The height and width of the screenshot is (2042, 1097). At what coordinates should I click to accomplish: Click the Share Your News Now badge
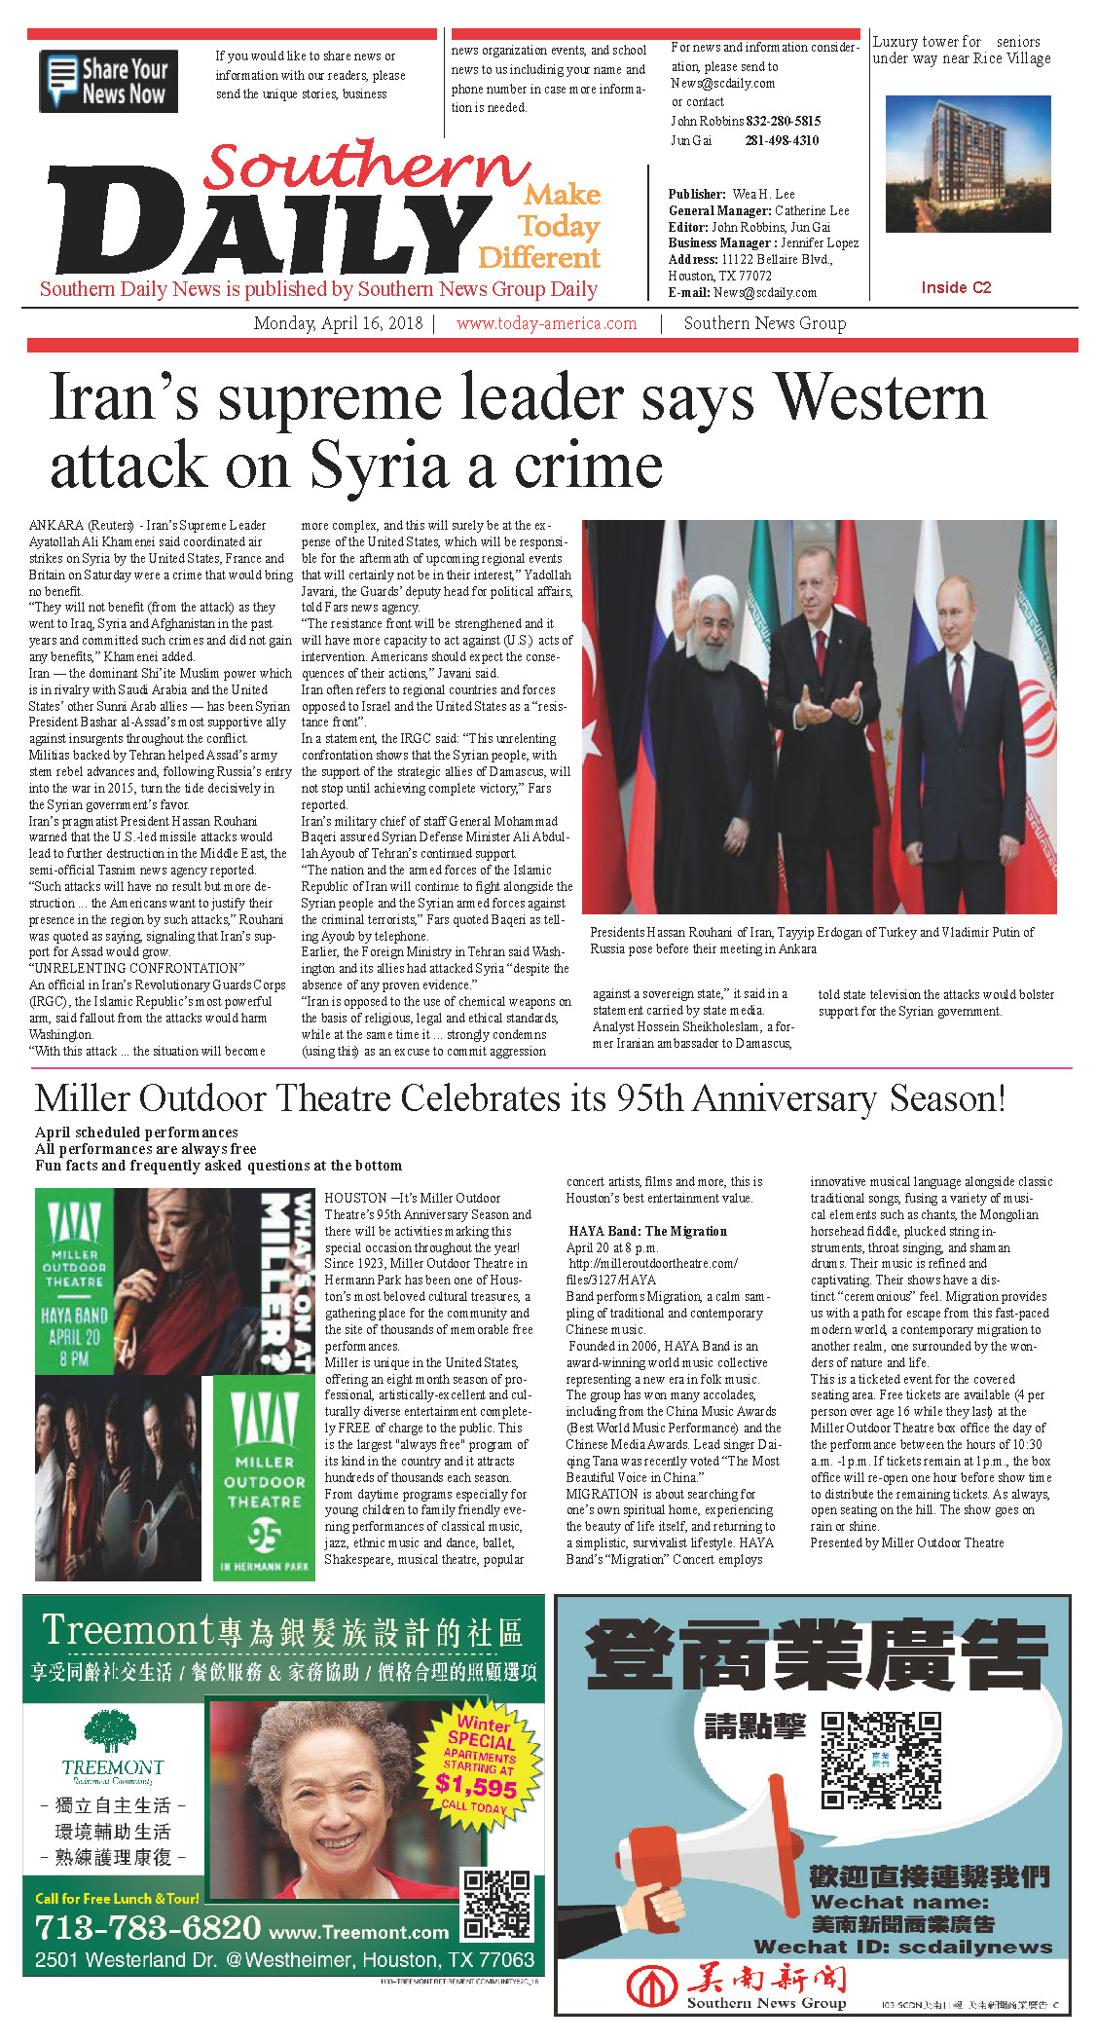coord(108,81)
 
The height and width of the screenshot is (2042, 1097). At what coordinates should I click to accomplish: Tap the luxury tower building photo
coord(968,164)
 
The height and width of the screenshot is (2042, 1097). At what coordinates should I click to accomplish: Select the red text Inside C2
coord(956,287)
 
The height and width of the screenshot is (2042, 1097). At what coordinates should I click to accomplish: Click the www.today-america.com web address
coord(546,323)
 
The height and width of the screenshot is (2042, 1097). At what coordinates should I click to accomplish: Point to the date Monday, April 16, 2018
coord(338,323)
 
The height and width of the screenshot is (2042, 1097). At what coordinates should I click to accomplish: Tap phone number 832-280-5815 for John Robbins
coord(783,121)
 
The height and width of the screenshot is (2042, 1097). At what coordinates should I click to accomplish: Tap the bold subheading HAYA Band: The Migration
coord(647,1231)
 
